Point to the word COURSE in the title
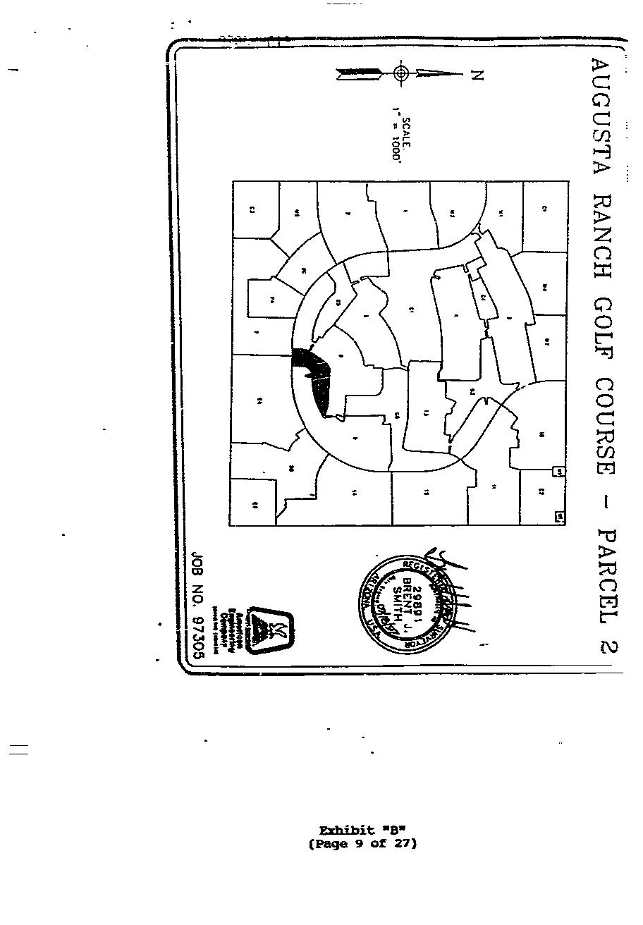603,429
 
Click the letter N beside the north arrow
477,74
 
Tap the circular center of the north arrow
401,73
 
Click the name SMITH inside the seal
398,604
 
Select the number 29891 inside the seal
417,604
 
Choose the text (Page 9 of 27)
363,843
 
